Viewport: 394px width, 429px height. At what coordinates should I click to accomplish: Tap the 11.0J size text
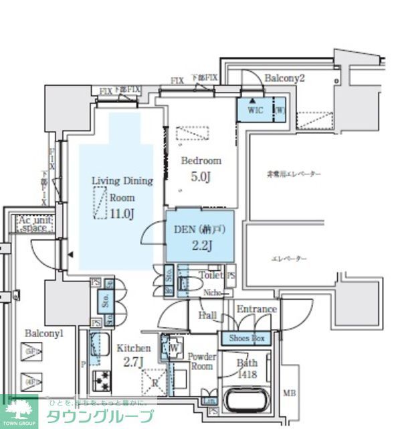click(122, 214)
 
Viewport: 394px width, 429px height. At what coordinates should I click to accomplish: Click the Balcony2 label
click(284, 78)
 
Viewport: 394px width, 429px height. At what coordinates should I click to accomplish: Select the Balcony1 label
click(43, 333)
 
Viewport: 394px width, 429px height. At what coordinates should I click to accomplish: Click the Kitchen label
click(134, 348)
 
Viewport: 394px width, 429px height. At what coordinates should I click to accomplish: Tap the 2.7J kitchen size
click(134, 364)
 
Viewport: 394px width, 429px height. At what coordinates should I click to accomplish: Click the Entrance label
click(256, 309)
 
